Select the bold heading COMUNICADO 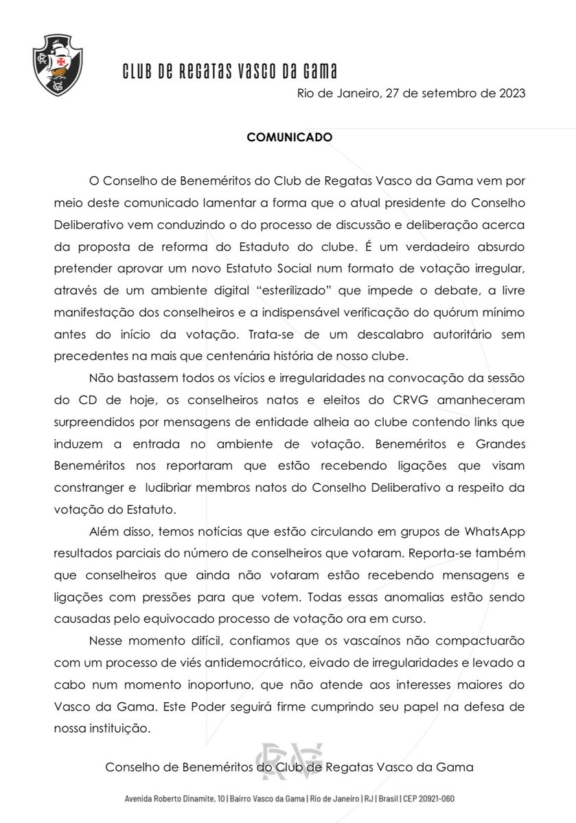tap(290, 137)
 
